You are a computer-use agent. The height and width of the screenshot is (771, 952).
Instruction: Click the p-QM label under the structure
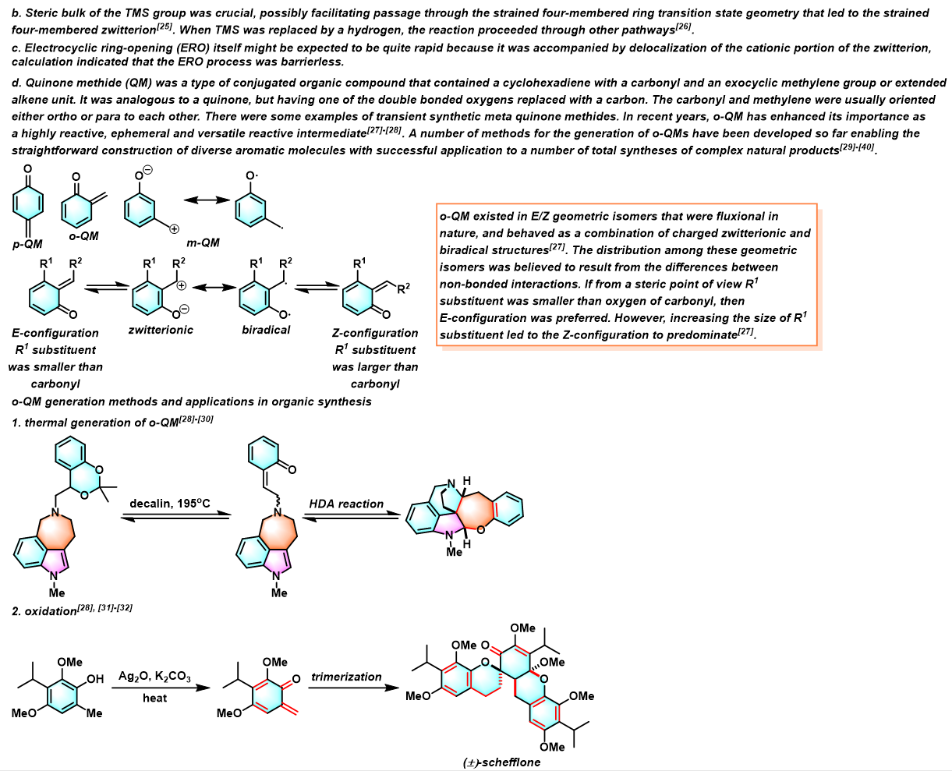click(x=27, y=244)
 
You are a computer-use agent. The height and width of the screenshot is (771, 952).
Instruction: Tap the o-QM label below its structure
click(x=83, y=236)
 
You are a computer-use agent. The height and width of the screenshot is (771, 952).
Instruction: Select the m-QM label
click(x=203, y=242)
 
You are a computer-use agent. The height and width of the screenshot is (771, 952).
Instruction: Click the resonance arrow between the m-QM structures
click(x=207, y=200)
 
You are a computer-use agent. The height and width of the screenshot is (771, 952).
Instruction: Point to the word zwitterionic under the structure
click(x=161, y=330)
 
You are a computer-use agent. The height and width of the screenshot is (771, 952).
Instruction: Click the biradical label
click(x=266, y=330)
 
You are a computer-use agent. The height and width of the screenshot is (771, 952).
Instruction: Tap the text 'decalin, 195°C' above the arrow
click(x=170, y=504)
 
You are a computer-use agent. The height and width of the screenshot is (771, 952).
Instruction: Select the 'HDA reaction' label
click(x=346, y=504)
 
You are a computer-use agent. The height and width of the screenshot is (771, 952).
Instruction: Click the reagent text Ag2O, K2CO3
click(x=154, y=676)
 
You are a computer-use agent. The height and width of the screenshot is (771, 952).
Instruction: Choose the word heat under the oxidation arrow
click(x=154, y=698)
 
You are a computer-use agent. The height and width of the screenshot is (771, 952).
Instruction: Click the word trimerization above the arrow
click(x=346, y=677)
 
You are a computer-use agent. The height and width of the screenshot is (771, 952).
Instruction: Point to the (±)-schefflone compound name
click(x=501, y=762)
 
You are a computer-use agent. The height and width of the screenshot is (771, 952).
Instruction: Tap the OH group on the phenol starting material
click(x=95, y=679)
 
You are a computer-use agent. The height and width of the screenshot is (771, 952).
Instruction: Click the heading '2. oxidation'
click(x=72, y=610)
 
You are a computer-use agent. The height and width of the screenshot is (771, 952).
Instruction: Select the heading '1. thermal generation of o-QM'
click(x=112, y=422)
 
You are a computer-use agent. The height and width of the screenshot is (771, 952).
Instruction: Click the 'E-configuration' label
click(x=55, y=333)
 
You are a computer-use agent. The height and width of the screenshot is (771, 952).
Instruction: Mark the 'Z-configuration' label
click(x=375, y=333)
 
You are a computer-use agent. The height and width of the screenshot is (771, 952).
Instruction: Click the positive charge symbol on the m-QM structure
click(x=174, y=229)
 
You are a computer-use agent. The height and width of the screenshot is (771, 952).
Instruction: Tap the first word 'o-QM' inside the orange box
click(x=455, y=216)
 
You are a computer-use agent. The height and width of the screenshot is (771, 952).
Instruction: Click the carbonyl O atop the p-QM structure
click(x=28, y=169)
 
